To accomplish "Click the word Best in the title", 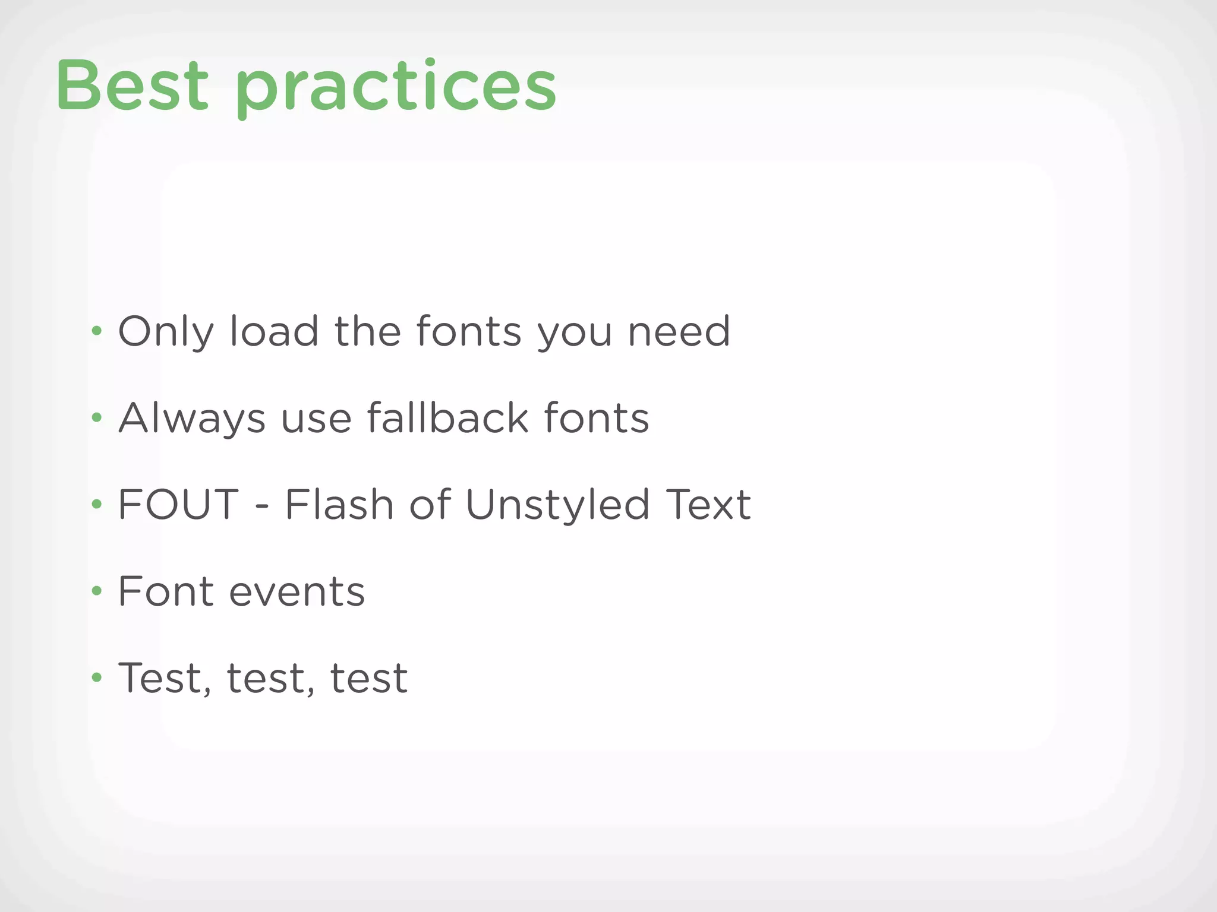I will coord(133,87).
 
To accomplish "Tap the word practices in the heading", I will coord(396,89).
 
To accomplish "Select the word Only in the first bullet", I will coord(165,332).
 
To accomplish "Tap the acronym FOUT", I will coord(178,505).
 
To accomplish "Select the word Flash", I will coord(339,505).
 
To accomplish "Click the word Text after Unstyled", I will coord(708,505).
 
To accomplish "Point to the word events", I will coord(297,592).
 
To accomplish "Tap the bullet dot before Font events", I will coord(97,591).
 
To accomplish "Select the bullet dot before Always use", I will coord(97,418).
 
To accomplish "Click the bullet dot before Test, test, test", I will coord(97,677).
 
